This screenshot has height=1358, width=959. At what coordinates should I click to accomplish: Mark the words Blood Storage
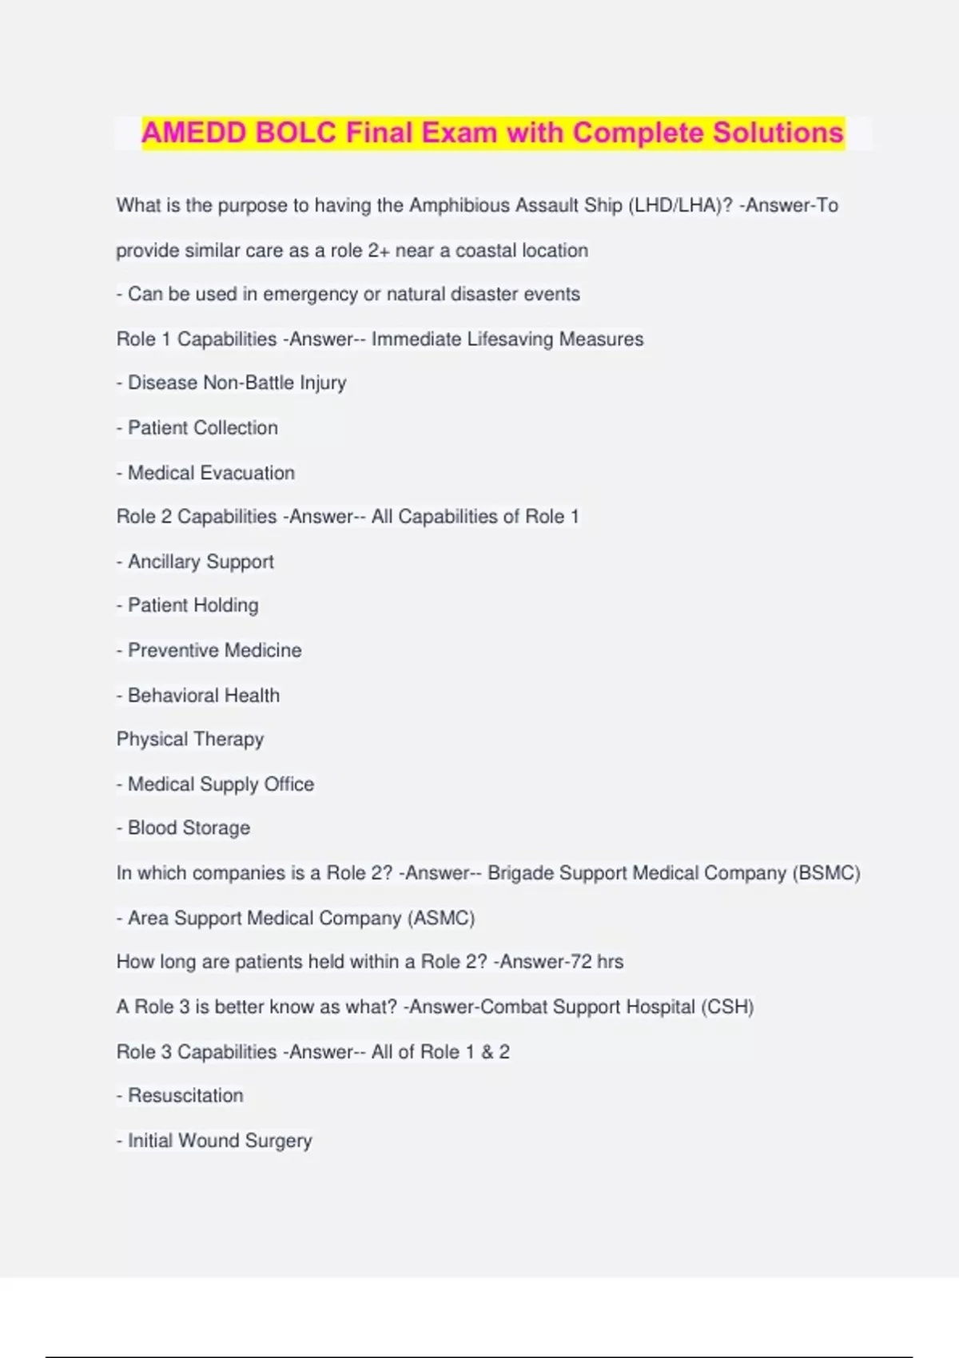pyautogui.click(x=189, y=828)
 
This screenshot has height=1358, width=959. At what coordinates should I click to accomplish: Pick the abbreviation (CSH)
pyautogui.click(x=727, y=1007)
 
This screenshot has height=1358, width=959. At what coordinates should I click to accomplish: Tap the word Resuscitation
pyautogui.click(x=185, y=1095)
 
